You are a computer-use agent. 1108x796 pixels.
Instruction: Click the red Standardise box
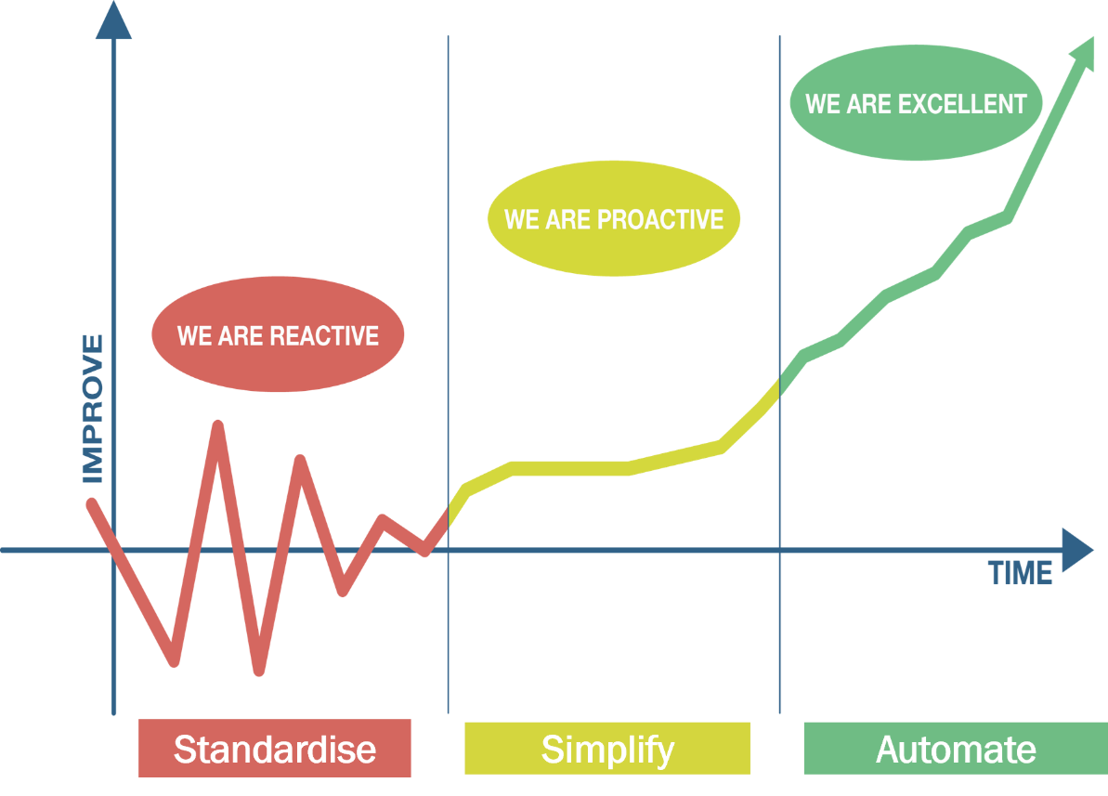275,749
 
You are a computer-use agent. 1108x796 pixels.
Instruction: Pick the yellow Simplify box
607,749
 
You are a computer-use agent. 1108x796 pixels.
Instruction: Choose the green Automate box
955,749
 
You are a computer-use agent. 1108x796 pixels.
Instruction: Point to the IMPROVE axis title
92,410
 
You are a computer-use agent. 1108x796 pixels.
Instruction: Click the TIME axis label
1021,573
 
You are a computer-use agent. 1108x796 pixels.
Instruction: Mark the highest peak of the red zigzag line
218,425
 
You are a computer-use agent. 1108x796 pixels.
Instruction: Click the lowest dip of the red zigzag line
259,671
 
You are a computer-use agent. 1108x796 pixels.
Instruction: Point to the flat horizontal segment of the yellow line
571,468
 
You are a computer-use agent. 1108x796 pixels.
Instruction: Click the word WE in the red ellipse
194,335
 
